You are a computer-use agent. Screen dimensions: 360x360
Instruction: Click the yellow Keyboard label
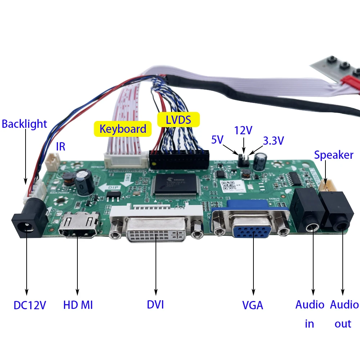pos(123,129)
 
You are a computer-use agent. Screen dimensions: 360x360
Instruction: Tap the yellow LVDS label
pos(179,120)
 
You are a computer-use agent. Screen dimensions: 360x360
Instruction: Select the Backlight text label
pos(24,124)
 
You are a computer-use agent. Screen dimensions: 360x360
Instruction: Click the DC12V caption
pos(30,305)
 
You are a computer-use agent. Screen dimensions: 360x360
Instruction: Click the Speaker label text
pos(333,155)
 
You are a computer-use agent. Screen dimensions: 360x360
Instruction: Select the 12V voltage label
pos(243,131)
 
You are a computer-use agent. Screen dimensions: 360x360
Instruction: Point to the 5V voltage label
pos(218,139)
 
